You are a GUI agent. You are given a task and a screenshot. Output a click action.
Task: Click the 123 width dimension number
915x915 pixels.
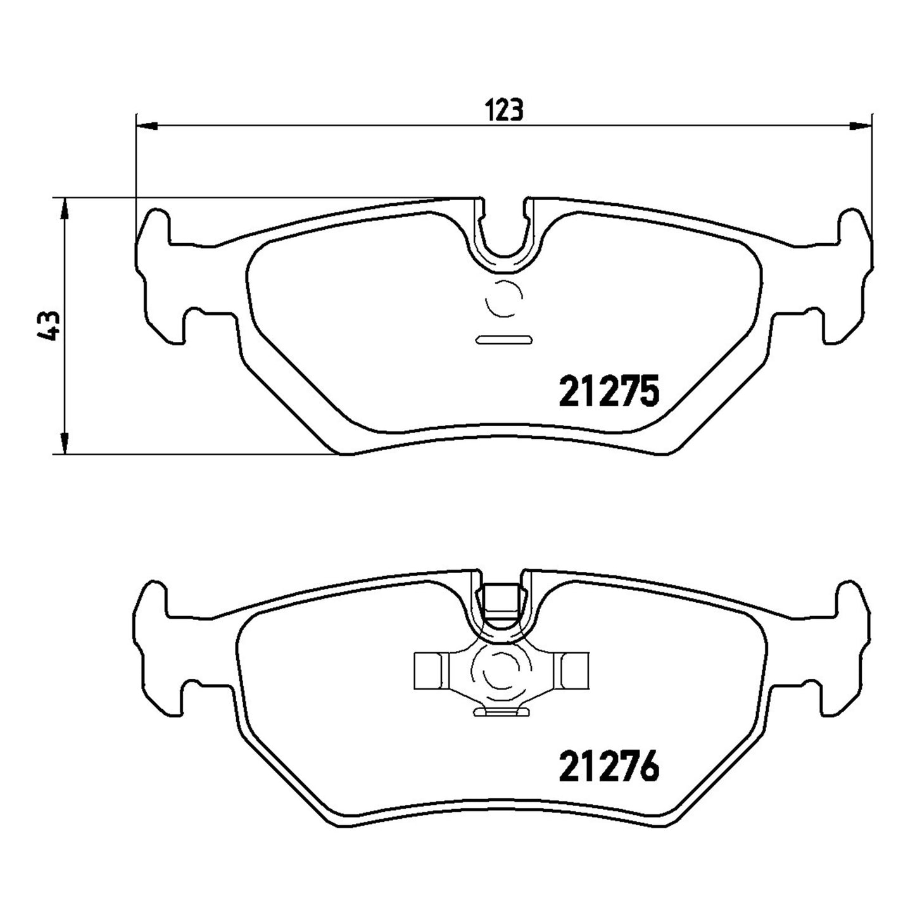pyautogui.click(x=504, y=110)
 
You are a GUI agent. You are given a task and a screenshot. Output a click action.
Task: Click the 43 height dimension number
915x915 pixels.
pyautogui.click(x=48, y=325)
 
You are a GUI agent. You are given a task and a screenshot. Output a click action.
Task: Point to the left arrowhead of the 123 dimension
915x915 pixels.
pyautogui.click(x=146, y=126)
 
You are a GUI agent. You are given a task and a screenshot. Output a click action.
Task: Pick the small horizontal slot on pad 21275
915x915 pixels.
pyautogui.click(x=503, y=339)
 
